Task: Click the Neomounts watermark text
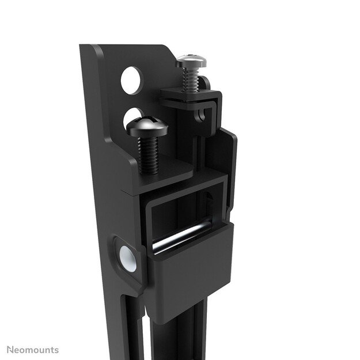click(32, 350)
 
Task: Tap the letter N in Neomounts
click(10, 350)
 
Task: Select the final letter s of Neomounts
click(56, 350)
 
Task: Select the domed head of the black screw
click(147, 126)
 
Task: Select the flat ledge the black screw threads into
click(167, 171)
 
